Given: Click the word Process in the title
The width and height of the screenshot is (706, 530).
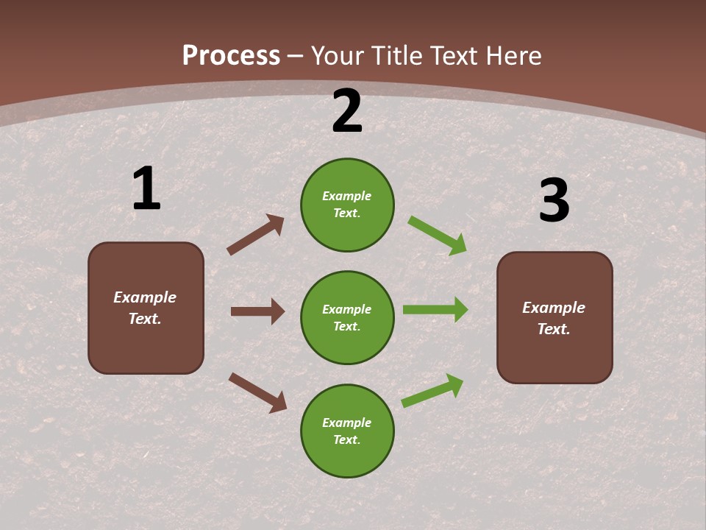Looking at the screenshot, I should pyautogui.click(x=231, y=56).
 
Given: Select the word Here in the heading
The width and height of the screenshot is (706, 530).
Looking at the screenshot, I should pyautogui.click(x=507, y=56).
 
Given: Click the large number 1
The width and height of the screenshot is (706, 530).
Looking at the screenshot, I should pyautogui.click(x=146, y=189).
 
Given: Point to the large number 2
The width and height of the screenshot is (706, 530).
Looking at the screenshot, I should pyautogui.click(x=347, y=112).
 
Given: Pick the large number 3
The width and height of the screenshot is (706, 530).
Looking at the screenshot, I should pyautogui.click(x=554, y=201).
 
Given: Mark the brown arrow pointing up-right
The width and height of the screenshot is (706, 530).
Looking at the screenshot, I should pyautogui.click(x=255, y=235).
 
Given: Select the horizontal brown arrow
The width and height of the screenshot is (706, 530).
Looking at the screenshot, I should pyautogui.click(x=257, y=311).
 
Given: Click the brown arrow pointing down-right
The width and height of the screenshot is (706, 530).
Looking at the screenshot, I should pyautogui.click(x=257, y=392).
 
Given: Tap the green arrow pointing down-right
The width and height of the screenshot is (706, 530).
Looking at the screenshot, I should pyautogui.click(x=438, y=236).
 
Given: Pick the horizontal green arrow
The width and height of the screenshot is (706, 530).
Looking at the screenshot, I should pyautogui.click(x=435, y=310).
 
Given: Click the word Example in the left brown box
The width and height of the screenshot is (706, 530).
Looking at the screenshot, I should pyautogui.click(x=145, y=297).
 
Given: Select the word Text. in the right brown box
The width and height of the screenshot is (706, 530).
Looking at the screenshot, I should pyautogui.click(x=554, y=329).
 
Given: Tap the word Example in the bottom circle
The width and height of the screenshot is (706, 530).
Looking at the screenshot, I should pyautogui.click(x=347, y=423).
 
